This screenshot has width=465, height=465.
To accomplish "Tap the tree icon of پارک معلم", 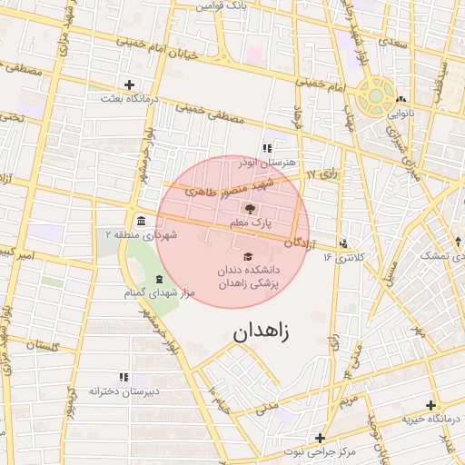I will [252, 210].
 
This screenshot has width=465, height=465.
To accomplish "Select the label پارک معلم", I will [252, 223].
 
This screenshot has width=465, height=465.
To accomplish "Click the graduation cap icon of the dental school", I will [248, 257].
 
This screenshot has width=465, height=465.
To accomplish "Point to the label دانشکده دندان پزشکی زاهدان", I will [248, 277].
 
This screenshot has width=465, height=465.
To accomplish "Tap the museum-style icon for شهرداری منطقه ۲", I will [141, 221].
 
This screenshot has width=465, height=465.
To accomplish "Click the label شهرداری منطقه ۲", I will [141, 234].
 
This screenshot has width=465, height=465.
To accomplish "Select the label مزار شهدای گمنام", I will [159, 292].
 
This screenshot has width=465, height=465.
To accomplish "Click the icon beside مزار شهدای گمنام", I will [160, 279].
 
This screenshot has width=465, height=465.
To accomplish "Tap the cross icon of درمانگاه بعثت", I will [129, 84].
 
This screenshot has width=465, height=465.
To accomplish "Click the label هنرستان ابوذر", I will [266, 162].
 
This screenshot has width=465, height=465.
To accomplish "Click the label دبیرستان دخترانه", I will [124, 391].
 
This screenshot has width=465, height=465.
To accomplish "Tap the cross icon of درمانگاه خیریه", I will [430, 405].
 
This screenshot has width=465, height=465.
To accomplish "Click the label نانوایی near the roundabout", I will [401, 114].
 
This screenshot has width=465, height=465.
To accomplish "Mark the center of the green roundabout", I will [373, 95].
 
